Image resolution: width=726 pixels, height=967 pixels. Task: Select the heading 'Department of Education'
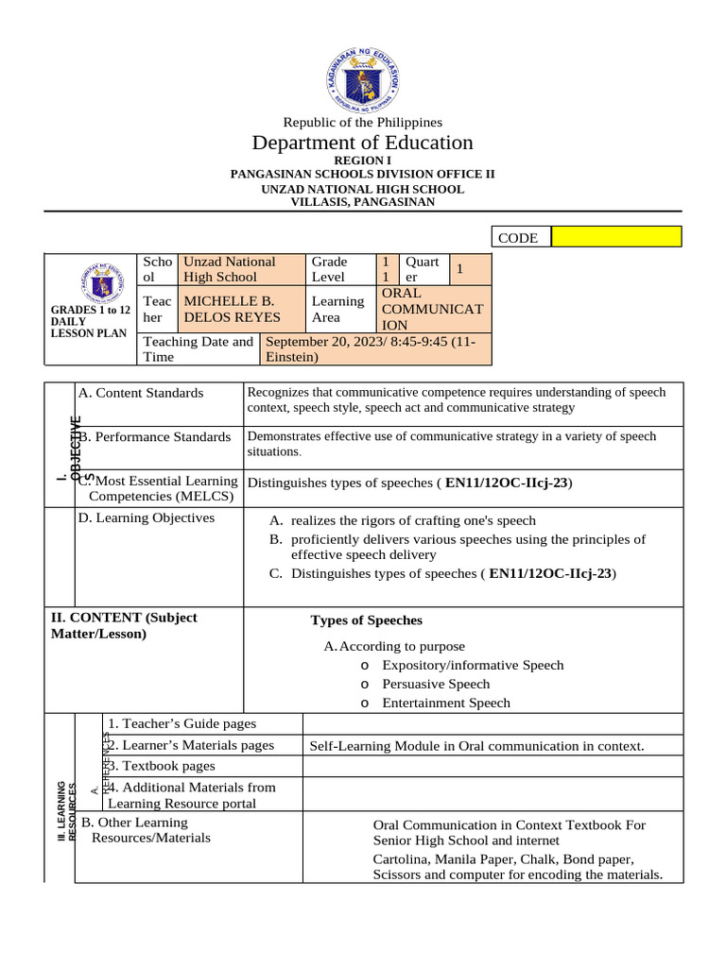click(x=363, y=143)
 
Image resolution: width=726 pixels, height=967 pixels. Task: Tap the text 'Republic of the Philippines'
click(x=363, y=122)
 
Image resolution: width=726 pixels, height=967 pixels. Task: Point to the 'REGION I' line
click(x=363, y=161)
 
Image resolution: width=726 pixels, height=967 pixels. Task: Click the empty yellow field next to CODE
click(x=615, y=237)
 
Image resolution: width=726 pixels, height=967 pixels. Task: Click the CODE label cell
click(x=520, y=238)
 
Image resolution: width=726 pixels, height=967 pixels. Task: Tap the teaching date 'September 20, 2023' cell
click(x=375, y=349)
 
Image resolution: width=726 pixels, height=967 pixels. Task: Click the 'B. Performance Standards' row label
click(x=156, y=437)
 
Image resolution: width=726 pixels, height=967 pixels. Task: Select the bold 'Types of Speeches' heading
click(x=367, y=620)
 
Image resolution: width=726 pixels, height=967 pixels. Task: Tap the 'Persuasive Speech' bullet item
click(x=436, y=684)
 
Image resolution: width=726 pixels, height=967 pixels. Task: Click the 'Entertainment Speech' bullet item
click(x=445, y=703)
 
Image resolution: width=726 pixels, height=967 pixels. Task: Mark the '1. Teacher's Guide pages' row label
click(x=181, y=723)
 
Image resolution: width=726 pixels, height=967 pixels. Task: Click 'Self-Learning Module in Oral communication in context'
click(x=476, y=746)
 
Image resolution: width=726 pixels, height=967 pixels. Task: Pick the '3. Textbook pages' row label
click(x=162, y=766)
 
